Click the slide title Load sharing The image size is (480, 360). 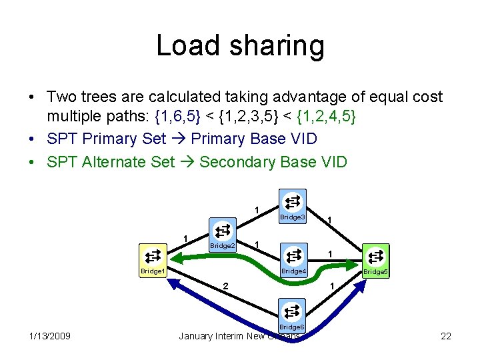click(x=240, y=46)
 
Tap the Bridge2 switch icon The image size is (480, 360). click(x=222, y=231)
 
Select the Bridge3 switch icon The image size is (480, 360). click(x=292, y=202)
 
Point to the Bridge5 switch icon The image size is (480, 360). click(x=375, y=256)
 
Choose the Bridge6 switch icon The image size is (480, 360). click(x=291, y=311)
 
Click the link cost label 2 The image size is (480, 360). click(x=226, y=286)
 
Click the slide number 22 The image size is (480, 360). click(x=445, y=336)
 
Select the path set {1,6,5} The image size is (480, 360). click(x=179, y=117)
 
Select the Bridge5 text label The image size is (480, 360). click(x=375, y=272)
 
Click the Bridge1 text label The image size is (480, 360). click(x=152, y=271)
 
